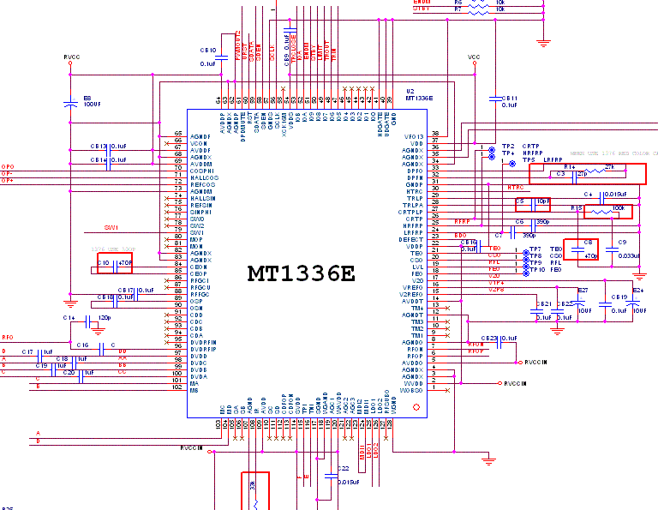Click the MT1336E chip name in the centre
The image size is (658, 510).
click(301, 273)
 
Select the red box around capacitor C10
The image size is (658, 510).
click(115, 263)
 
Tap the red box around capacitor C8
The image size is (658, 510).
click(580, 249)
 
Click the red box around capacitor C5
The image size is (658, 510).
click(532, 204)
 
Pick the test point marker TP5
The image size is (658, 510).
click(512, 161)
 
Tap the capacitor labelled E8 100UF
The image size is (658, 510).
click(71, 105)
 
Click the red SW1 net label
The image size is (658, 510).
click(111, 228)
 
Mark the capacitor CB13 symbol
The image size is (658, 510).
click(108, 147)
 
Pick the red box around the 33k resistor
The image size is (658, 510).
click(255, 488)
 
